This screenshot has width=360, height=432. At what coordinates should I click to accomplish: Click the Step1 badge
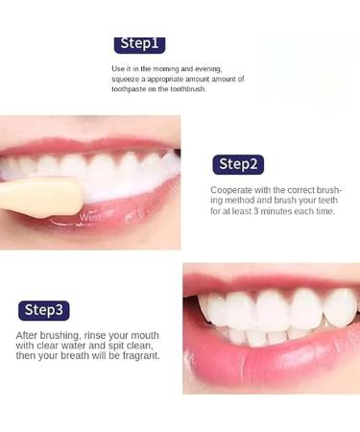click(x=140, y=44)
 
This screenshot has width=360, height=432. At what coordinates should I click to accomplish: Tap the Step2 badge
click(x=238, y=164)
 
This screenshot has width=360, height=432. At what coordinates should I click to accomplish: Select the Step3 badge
click(x=44, y=309)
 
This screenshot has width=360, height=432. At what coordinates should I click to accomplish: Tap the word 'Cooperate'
click(x=233, y=189)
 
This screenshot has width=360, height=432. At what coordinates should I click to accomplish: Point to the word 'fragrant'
click(x=139, y=356)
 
